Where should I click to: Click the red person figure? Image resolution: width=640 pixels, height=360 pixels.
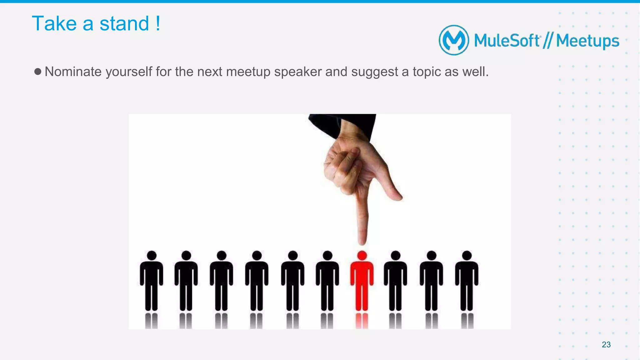pos(362,281)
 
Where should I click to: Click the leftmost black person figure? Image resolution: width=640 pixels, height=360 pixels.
pos(152,281)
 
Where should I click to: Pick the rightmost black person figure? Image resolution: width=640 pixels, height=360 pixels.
pos(467,281)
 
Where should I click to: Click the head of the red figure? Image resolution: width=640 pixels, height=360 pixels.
pos(362,255)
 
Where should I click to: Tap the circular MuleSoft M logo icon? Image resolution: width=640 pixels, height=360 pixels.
pos(454,40)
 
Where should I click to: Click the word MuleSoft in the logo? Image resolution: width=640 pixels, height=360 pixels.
pos(507,41)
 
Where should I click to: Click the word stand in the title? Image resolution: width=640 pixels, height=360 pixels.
pos(124,23)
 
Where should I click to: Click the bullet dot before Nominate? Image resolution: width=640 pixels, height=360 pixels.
pos(38,72)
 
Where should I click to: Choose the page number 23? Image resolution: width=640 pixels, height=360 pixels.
pos(606,344)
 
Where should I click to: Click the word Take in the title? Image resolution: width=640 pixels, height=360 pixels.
pos(54,23)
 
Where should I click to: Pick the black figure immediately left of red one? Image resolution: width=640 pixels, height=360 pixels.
pos(327,281)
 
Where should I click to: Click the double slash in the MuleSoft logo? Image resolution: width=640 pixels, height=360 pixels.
pos(547,41)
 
